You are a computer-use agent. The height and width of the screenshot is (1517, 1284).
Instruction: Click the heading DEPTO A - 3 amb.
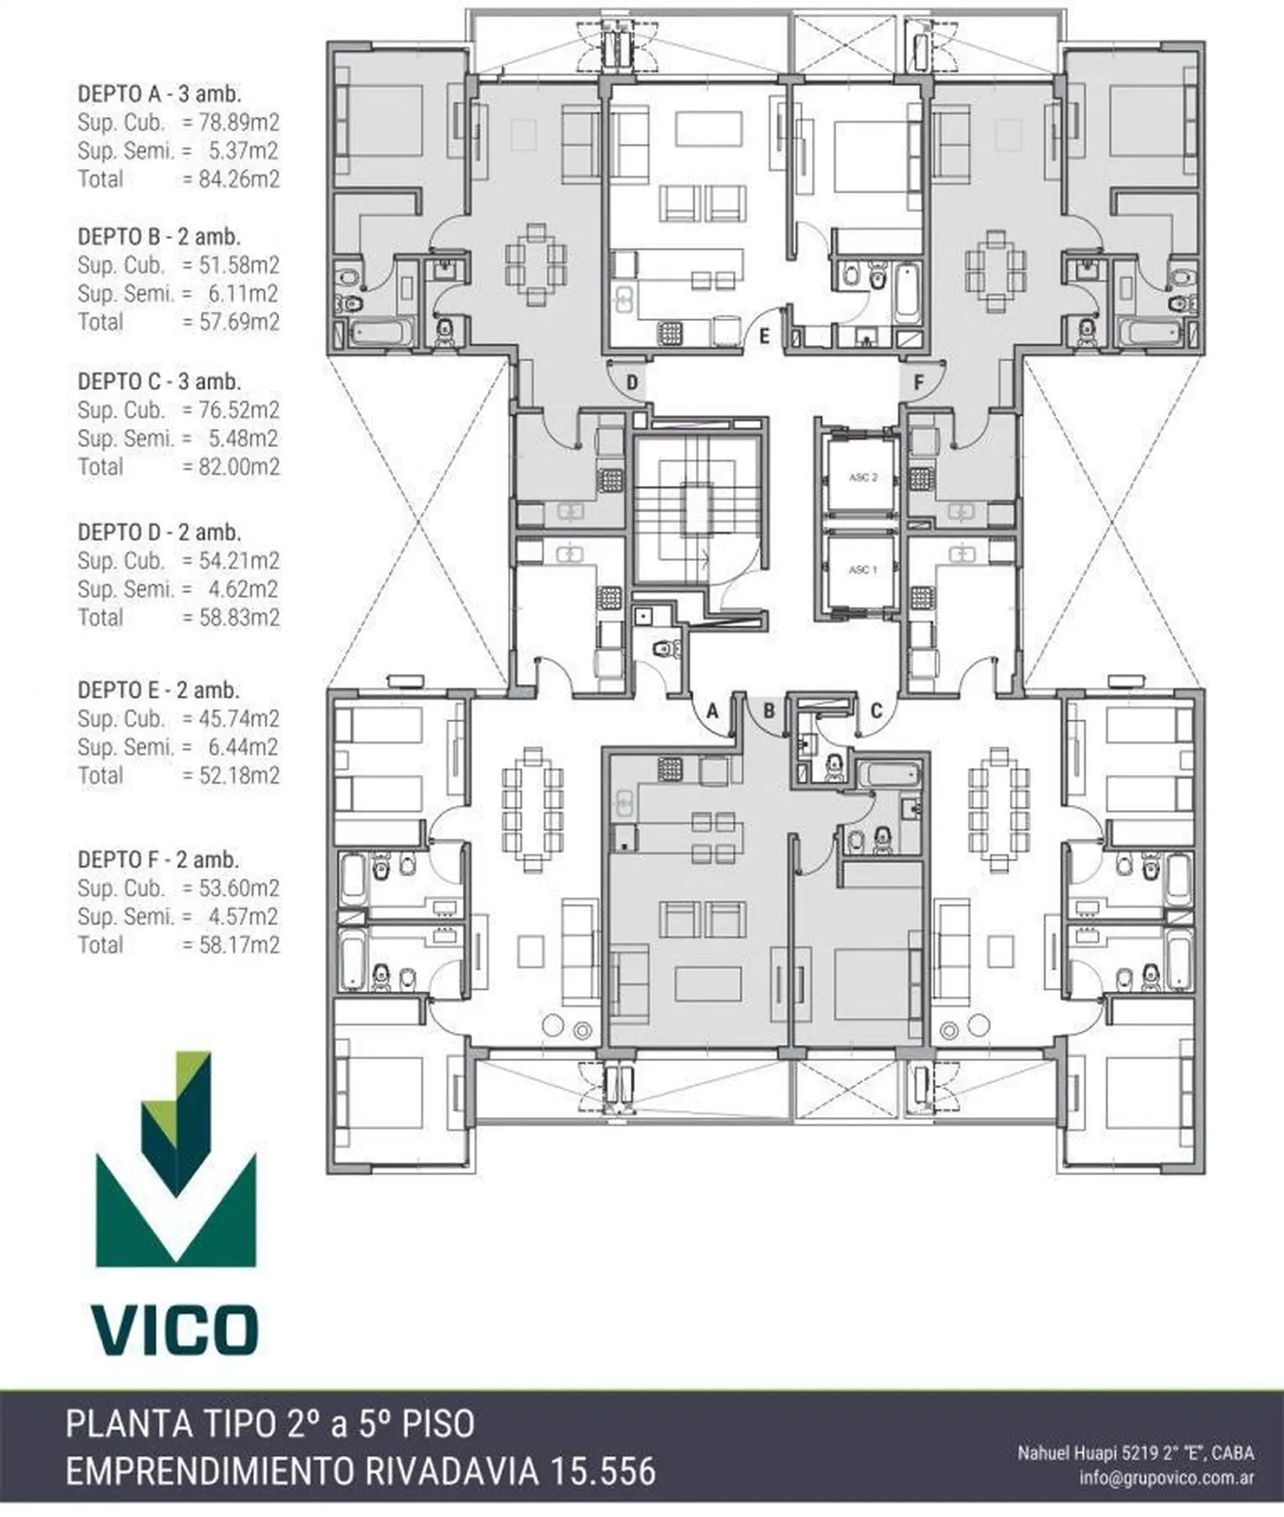[x=159, y=93]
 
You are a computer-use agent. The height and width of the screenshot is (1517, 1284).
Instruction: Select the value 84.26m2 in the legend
[x=239, y=179]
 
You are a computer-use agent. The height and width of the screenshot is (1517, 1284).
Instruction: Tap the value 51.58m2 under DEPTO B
[x=239, y=265]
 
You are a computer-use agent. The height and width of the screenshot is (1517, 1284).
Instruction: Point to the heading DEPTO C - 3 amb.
[x=159, y=381]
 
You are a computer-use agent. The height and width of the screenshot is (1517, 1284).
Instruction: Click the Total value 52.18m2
[x=239, y=775]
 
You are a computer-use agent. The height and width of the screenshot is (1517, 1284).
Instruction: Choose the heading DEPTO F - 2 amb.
[x=158, y=859]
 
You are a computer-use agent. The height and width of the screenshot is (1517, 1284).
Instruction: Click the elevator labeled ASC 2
[x=863, y=477]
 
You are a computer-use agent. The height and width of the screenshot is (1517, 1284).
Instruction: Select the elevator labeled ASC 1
[x=863, y=570]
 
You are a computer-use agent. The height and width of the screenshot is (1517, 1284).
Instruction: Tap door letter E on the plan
[x=764, y=336]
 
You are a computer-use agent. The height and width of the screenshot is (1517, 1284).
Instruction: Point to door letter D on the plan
[x=633, y=382]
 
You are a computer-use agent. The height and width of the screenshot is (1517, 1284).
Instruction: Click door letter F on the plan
[x=919, y=382]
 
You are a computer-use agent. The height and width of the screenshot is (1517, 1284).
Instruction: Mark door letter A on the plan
[x=713, y=711]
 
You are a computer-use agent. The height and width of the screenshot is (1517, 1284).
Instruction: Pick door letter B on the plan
[x=768, y=711]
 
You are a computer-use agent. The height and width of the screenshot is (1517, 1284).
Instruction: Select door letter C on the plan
[x=876, y=711]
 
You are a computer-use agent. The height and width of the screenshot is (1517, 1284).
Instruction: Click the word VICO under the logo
[x=175, y=1330]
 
